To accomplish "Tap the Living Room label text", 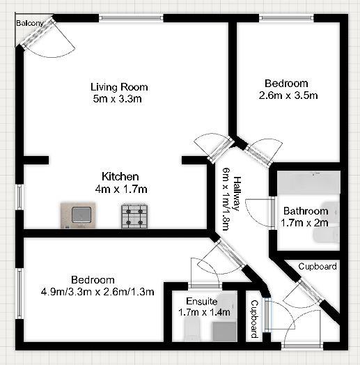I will (x=119, y=87).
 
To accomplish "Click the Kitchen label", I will (x=120, y=176).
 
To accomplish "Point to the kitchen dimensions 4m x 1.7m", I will (x=120, y=188).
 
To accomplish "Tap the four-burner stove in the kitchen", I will (x=135, y=215).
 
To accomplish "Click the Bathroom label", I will (x=305, y=211).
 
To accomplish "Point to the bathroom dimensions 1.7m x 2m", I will (x=305, y=222).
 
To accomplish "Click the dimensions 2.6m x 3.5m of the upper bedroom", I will (x=288, y=95).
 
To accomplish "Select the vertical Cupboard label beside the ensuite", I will (x=254, y=319).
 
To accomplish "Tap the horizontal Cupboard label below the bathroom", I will (x=318, y=266).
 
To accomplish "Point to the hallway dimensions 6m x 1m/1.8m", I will (x=226, y=199).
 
